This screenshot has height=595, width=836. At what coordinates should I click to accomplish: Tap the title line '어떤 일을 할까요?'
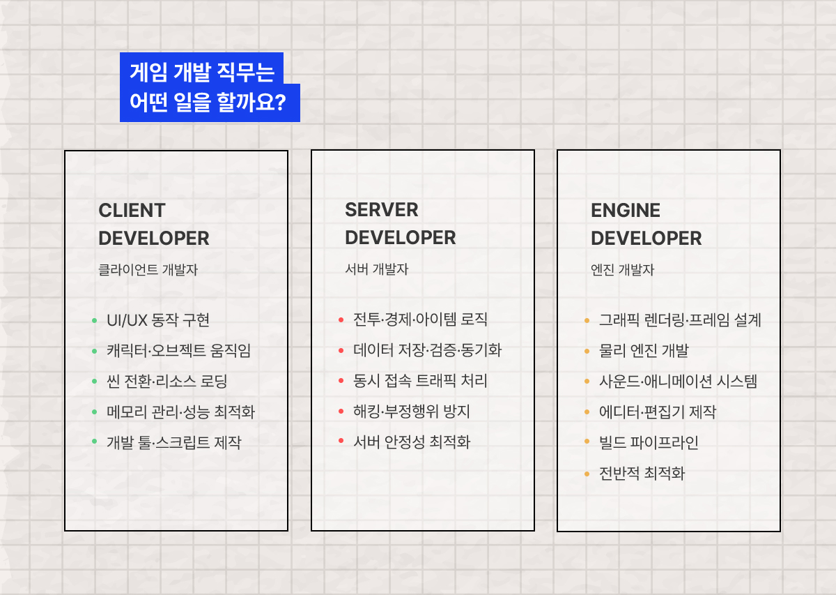208,103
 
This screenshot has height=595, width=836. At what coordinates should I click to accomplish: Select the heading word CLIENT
132,211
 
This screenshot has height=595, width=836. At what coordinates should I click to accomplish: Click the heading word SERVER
382,210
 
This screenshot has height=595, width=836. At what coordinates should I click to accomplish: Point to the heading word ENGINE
626,211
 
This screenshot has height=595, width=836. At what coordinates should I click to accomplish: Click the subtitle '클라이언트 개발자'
148,270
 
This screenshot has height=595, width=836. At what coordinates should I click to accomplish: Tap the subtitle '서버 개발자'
376,269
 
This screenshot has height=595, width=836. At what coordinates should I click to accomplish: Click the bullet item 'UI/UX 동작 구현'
158,320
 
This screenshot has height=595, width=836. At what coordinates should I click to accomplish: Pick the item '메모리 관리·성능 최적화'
180,412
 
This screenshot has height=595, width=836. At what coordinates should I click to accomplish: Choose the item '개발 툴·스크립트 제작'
173,442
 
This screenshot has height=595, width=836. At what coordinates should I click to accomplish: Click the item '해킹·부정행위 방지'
412,412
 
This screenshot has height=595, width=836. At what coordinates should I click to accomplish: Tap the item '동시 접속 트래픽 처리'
420,381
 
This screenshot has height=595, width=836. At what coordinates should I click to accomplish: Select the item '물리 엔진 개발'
644,351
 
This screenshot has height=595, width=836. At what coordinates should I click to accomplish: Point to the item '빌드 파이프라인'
649,442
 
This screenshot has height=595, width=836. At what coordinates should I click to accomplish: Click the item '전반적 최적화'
642,474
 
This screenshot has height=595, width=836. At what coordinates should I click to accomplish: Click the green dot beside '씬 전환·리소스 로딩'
95,382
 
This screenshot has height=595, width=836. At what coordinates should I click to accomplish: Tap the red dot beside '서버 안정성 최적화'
341,442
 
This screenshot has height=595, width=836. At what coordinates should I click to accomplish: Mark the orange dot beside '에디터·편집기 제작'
587,412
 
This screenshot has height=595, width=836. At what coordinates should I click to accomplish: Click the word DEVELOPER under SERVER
400,238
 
